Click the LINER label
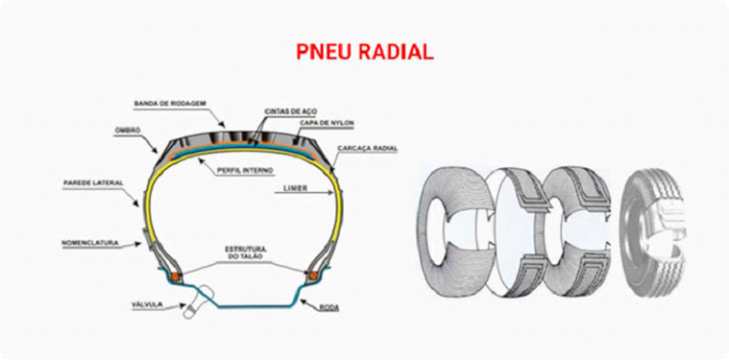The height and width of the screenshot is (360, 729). pos(293,190)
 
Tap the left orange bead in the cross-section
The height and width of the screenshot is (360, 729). pos(175,275)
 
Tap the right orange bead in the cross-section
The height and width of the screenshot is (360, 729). pos(309,275)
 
